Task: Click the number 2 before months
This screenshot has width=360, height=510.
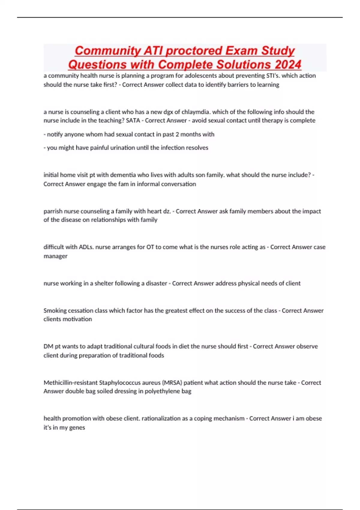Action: (177, 134)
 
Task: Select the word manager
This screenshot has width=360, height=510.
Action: (55, 256)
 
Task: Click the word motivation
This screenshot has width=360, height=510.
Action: (77, 319)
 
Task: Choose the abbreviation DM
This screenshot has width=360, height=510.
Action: (48, 346)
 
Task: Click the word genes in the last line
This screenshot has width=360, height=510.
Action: (77, 427)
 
